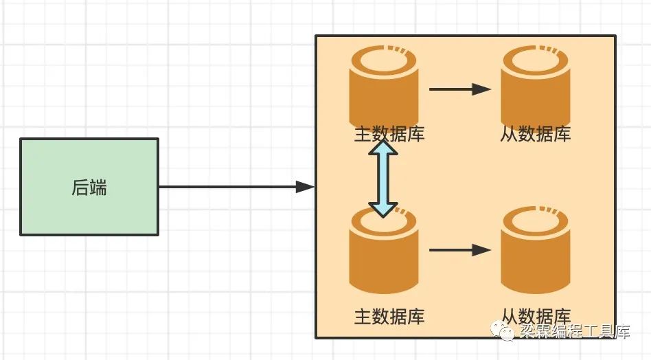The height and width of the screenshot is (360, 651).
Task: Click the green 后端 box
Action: coord(89,187)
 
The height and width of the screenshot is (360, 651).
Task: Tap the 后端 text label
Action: coord(89,188)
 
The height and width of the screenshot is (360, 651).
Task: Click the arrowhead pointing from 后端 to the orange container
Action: coord(305,187)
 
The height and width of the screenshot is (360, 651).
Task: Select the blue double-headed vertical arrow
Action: coord(383,179)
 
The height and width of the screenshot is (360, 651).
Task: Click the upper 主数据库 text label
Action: coord(389,134)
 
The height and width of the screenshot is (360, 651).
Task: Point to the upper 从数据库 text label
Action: coord(535,134)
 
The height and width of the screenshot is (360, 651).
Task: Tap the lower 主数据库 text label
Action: coord(389,317)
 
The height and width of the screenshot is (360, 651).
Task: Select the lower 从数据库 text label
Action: coord(536,317)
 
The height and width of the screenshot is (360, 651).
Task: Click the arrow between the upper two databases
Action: coord(460,89)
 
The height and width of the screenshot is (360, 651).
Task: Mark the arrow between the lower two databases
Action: coord(460,250)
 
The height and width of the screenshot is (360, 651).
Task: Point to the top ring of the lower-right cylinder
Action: coord(535,211)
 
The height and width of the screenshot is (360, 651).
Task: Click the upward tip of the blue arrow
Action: coord(383,140)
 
